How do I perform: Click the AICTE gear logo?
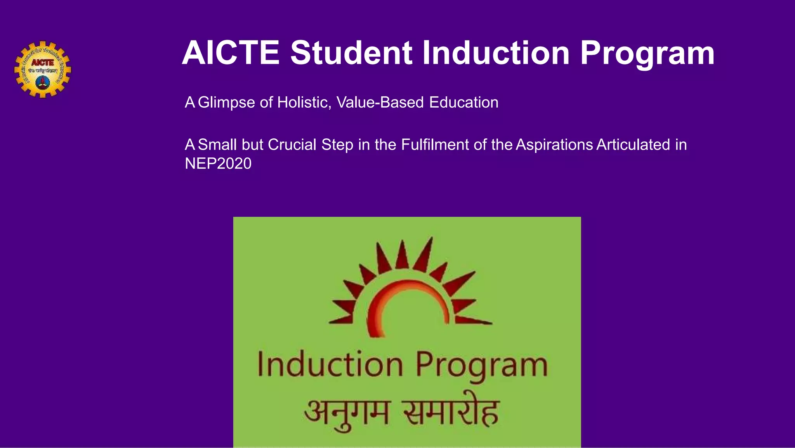pyautogui.click(x=43, y=70)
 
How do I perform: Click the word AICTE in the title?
pyautogui.click(x=231, y=53)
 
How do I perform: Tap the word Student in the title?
pyautogui.click(x=351, y=53)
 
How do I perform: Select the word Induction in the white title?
pyautogui.click(x=496, y=53)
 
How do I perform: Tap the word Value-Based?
pyautogui.click(x=380, y=103)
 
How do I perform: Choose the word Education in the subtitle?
pyautogui.click(x=464, y=103)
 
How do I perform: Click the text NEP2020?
pyautogui.click(x=218, y=164)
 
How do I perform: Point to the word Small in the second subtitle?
pyautogui.click(x=217, y=145)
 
